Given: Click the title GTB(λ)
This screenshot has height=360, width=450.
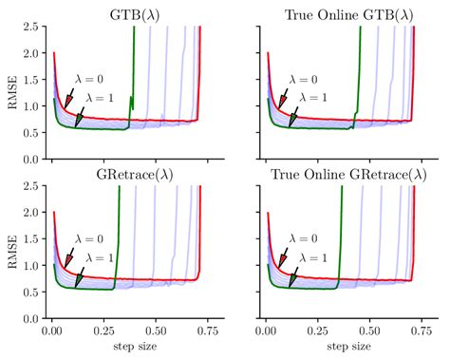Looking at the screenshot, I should [x=127, y=14].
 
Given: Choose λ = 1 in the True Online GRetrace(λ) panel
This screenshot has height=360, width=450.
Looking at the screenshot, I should [x=309, y=257].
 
